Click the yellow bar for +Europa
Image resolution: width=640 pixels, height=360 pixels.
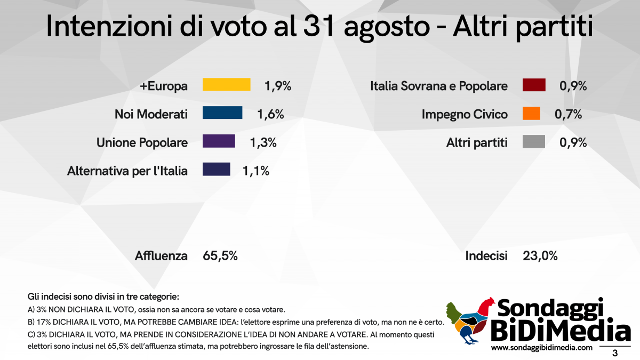pos(226,85)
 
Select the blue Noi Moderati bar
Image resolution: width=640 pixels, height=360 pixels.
pos(222,113)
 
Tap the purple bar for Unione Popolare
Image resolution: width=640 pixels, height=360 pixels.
pos(219,141)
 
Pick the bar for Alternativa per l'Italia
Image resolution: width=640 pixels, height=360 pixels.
pos(216,170)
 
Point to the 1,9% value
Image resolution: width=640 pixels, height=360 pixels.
pos(278,85)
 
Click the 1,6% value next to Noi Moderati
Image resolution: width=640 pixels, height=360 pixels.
pos(270,114)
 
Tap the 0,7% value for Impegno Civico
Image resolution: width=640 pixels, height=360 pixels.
pos(568,114)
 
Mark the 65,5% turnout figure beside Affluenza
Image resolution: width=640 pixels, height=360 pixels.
pos(220,256)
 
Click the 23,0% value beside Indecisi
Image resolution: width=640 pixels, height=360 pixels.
pos(540,256)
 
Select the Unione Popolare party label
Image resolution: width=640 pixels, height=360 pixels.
pos(142,142)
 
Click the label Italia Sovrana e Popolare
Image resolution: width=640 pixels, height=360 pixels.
pos(439,86)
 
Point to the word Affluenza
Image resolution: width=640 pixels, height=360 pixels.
pos(161,256)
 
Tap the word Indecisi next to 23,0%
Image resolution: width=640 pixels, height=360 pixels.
pos(486,256)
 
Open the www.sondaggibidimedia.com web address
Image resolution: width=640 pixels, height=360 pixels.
pos(542,348)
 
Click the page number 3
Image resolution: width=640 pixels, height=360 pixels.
pos(615,353)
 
